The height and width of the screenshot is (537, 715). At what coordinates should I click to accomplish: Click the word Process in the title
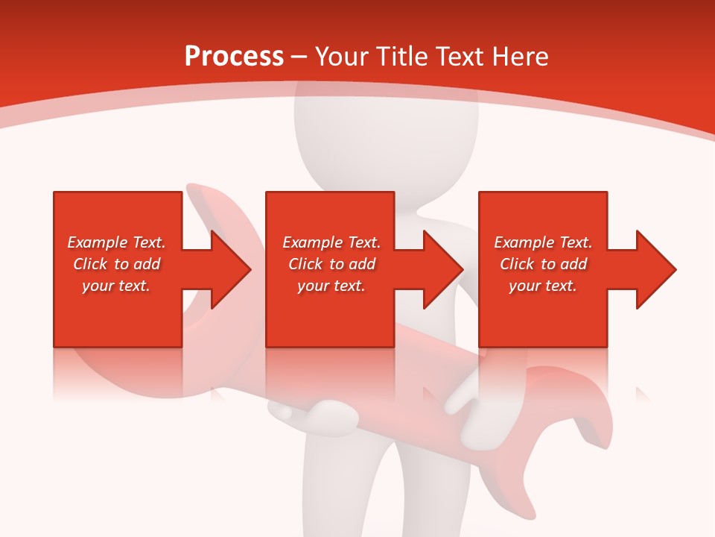point(234,56)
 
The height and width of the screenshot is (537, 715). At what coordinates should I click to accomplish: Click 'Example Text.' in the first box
point(116,242)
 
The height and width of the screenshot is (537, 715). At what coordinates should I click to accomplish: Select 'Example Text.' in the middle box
point(331,242)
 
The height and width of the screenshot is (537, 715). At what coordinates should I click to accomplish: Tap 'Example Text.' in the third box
point(543,242)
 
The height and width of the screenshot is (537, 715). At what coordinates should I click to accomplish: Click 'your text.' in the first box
point(116,286)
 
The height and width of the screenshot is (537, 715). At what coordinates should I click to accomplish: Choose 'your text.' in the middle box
point(331,286)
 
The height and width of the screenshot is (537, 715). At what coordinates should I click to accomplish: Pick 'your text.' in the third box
point(543,286)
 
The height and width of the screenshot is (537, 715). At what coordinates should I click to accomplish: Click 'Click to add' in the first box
point(116,264)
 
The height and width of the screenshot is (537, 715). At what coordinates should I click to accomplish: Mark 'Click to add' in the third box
point(543,264)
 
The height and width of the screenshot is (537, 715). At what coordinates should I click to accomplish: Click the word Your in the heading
point(343,56)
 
